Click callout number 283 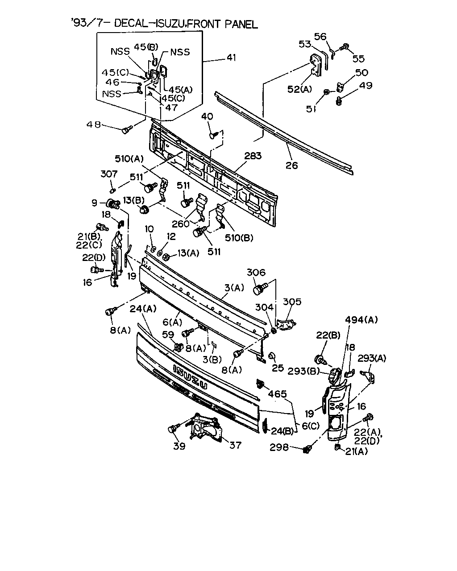click(253, 156)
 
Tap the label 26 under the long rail click(291, 166)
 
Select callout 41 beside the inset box click(231, 57)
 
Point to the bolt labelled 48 click(127, 130)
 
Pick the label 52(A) click(299, 89)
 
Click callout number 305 click(292, 302)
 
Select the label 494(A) click(361, 320)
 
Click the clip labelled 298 click(307, 449)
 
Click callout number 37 click(235, 445)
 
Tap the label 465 click(277, 394)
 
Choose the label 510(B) click(239, 238)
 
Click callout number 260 click(181, 224)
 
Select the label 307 click(109, 174)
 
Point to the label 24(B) click(282, 431)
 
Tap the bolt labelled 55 click(345, 47)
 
